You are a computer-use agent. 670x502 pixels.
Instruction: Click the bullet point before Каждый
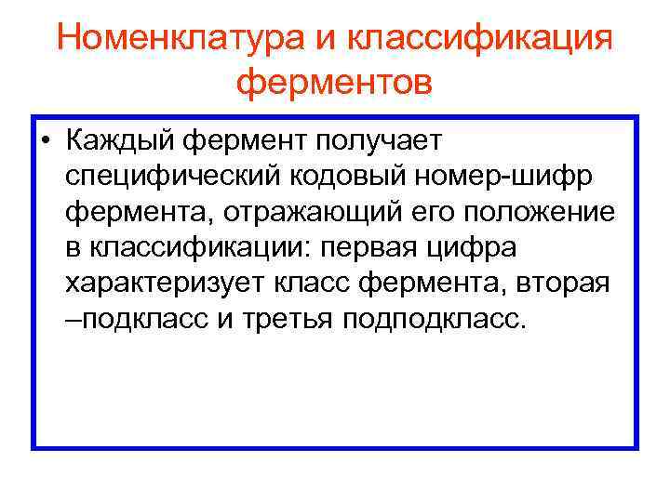(46, 141)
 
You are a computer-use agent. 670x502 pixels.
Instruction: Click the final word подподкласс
(435, 320)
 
